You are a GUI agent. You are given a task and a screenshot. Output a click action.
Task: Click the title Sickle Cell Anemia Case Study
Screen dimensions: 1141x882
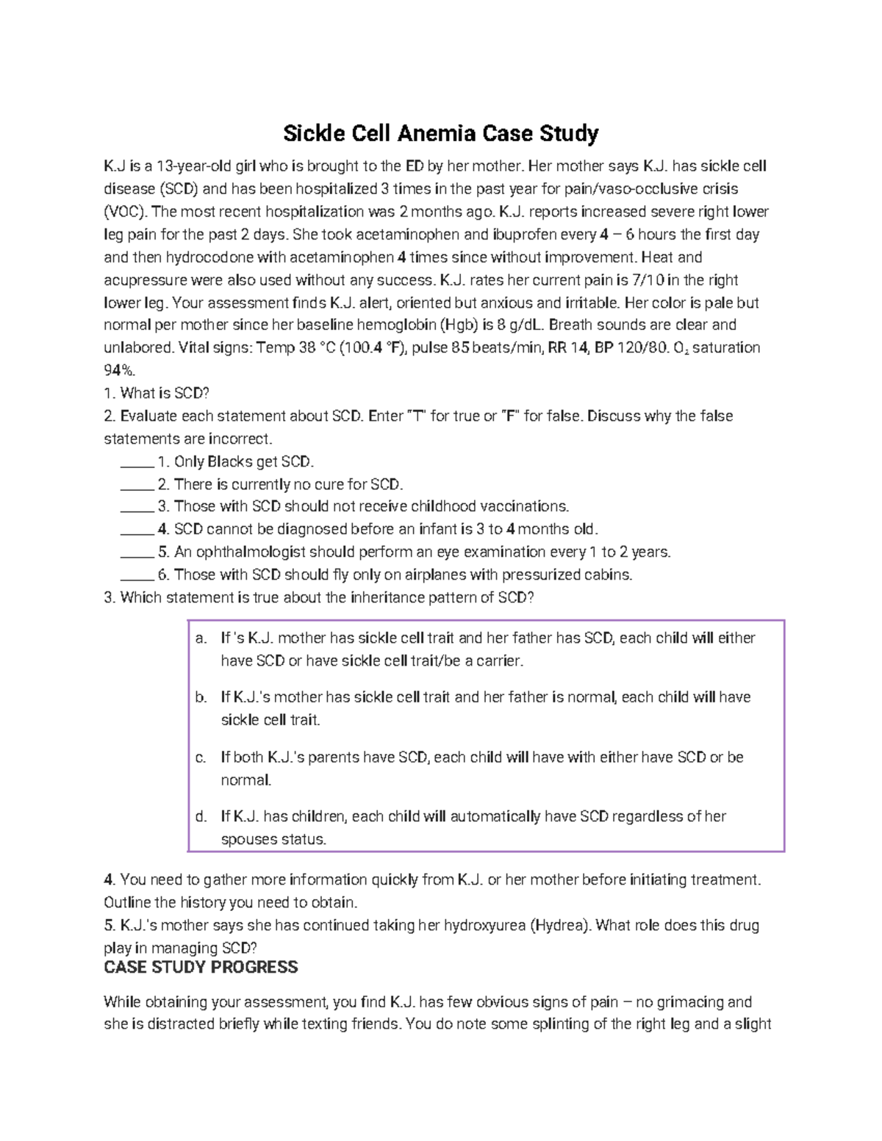click(x=441, y=134)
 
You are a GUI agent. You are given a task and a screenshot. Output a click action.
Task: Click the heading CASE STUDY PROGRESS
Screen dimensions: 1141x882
click(x=201, y=967)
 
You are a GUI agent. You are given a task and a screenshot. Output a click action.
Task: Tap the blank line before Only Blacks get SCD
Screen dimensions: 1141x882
click(x=136, y=463)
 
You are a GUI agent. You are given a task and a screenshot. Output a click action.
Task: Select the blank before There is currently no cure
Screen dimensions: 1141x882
click(x=136, y=486)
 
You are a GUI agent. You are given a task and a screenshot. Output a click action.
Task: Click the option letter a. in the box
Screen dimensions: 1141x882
click(x=201, y=638)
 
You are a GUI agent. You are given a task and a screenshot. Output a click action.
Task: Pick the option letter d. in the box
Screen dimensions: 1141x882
click(x=201, y=816)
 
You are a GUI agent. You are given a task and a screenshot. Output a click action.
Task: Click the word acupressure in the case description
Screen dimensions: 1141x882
click(x=145, y=280)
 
